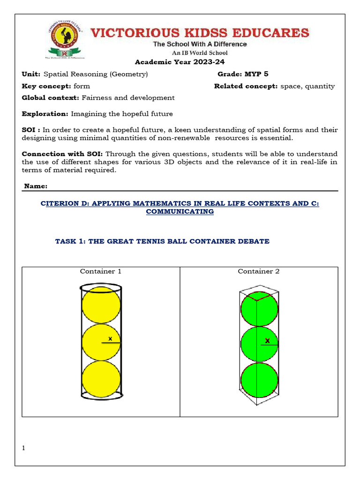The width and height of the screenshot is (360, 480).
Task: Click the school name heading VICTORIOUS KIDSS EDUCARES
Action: point(199,33)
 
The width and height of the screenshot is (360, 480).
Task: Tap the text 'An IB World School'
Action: point(200,53)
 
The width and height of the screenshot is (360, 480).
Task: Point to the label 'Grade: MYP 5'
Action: point(243,74)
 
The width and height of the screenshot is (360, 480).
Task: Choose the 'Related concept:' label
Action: point(246,86)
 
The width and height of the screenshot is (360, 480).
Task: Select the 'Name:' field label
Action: point(36,186)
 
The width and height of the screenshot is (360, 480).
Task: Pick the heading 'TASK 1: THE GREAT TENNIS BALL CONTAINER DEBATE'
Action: point(162,241)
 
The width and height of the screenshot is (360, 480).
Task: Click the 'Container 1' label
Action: point(101,271)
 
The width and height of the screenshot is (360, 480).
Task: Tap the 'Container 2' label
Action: point(258,271)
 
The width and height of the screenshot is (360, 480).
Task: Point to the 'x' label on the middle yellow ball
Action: point(110,338)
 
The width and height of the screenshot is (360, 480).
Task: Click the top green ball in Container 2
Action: point(259,308)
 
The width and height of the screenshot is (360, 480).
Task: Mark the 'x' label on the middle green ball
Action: point(267,341)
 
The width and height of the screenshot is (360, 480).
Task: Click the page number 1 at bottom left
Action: point(23,449)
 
